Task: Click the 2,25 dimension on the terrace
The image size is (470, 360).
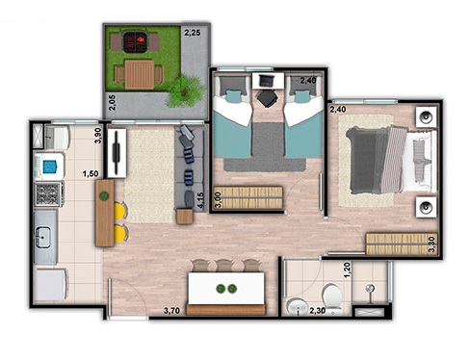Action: pos(193,33)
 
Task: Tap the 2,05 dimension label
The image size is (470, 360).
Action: pos(112,103)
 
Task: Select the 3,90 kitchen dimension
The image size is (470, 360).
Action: pos(97,136)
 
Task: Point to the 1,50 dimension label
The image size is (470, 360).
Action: pos(91,174)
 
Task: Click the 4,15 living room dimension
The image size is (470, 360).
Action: pos(201,201)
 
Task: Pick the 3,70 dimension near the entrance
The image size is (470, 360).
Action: pos(171,311)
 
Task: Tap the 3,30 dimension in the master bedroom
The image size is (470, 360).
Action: pos(432,244)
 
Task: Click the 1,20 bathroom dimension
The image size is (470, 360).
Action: pos(347,270)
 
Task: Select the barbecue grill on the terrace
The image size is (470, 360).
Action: pos(136,42)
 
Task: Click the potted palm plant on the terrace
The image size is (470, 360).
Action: pos(184,91)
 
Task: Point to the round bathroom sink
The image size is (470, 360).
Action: pos(298,307)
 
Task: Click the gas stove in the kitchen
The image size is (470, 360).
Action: pos(49,194)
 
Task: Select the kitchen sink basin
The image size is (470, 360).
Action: pos(42,237)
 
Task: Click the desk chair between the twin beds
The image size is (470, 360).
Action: pos(267,98)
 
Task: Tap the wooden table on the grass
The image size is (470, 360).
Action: pos(140,74)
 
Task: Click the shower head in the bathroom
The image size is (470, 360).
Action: pos(370,289)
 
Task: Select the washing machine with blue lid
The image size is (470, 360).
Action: pos(49,167)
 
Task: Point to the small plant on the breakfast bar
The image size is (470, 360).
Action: pos(104,196)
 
